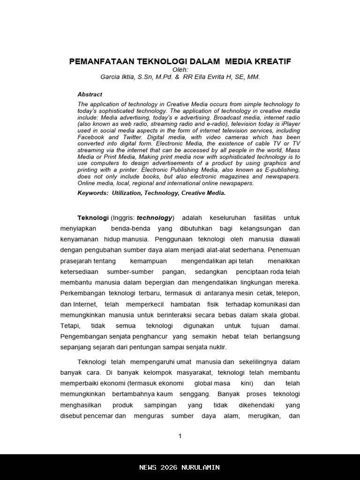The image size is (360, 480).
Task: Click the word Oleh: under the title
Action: pos(180,69)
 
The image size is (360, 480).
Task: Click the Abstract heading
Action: pos(90,94)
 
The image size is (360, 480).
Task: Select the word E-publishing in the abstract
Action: pos(283,170)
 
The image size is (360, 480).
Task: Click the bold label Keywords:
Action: pos(93,193)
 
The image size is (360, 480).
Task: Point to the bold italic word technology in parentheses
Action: pos(154,218)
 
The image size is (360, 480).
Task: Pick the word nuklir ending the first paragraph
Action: pos(217,347)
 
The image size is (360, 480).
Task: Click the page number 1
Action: pos(180,436)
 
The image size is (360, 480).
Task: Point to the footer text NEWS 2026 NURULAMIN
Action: pos(180,467)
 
